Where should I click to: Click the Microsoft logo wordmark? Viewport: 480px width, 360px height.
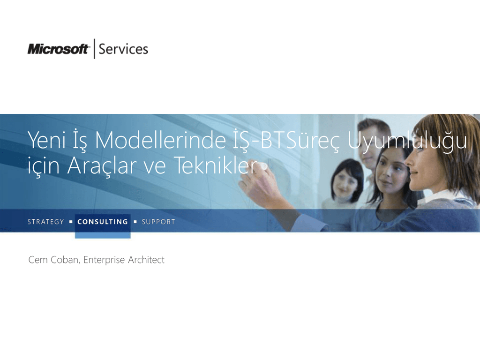[58, 49]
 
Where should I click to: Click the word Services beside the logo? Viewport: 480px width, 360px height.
[123, 49]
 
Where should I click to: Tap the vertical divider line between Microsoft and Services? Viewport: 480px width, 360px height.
[94, 48]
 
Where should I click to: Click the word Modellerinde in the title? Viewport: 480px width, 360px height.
[160, 140]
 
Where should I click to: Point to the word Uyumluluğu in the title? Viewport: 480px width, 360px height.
[407, 141]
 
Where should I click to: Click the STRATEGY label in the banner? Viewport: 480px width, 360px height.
[45, 222]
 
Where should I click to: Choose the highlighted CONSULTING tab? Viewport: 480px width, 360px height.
[103, 222]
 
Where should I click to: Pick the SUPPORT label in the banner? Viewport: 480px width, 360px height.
[158, 222]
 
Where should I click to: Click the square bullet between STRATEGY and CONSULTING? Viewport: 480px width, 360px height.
[71, 222]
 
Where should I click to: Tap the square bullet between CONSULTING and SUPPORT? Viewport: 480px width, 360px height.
[135, 222]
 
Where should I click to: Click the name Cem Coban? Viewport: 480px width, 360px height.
[53, 260]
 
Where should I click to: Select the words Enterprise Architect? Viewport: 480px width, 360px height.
[124, 260]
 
